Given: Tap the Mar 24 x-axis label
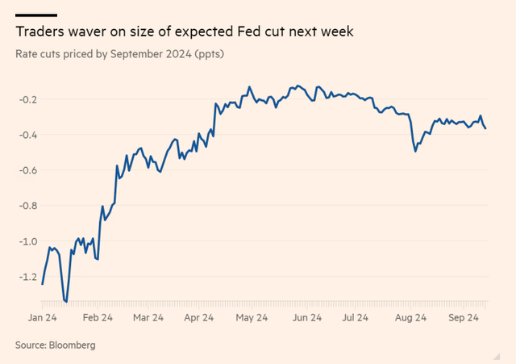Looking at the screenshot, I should [149, 319].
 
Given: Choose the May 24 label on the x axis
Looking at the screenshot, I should [251, 319].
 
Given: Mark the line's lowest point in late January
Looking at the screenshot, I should [66, 302].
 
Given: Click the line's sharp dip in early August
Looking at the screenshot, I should [415, 150].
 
